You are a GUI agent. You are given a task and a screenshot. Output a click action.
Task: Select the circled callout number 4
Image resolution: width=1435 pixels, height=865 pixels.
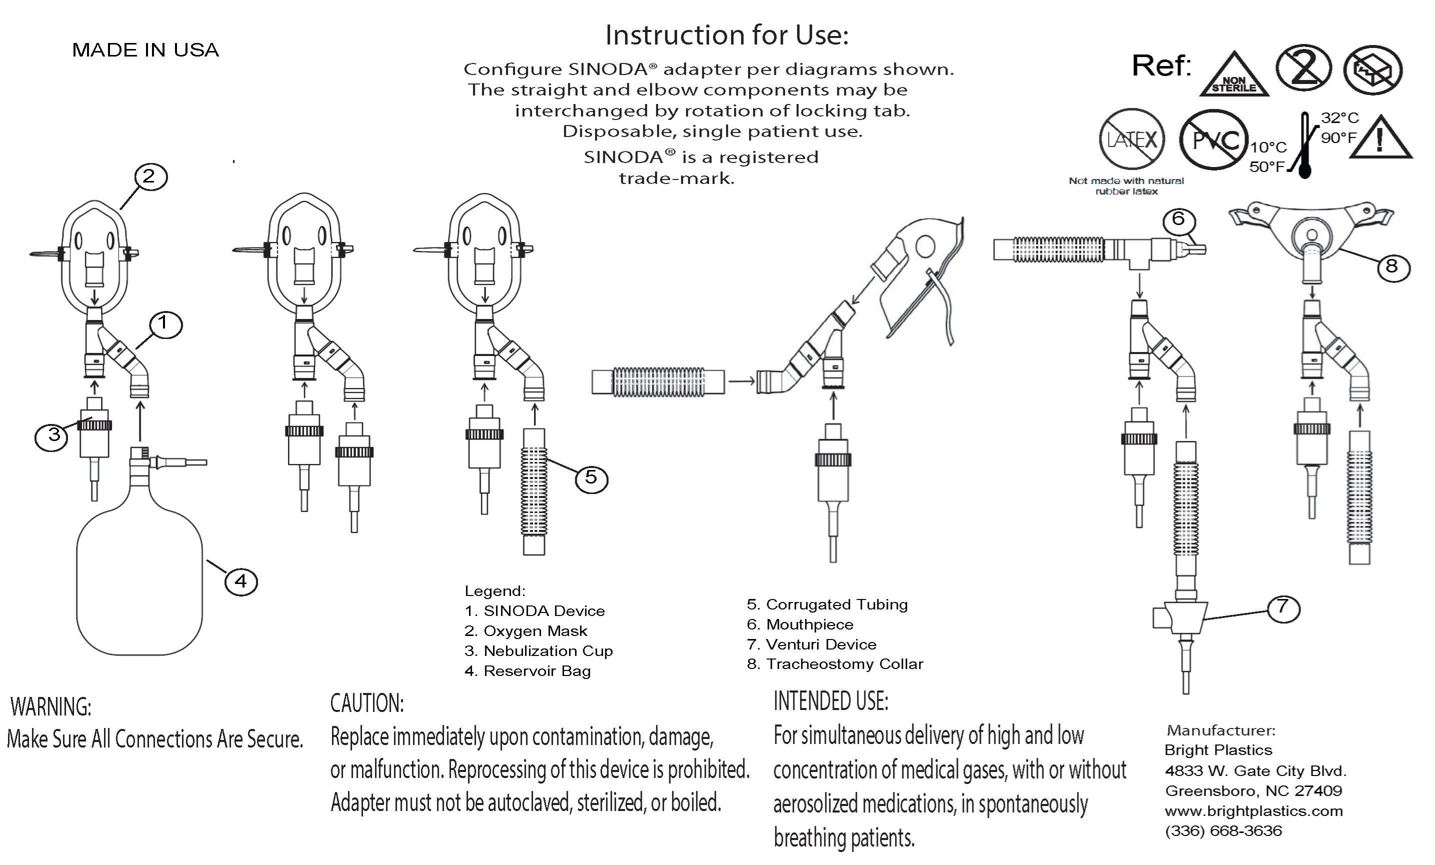click(x=240, y=580)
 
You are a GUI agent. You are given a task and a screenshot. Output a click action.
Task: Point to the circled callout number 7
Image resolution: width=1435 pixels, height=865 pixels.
click(x=1283, y=607)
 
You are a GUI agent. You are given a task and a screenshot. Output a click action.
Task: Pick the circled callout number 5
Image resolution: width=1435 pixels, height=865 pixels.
click(x=591, y=477)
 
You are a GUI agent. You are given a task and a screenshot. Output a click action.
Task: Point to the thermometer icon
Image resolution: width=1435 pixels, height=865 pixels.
click(x=1304, y=145)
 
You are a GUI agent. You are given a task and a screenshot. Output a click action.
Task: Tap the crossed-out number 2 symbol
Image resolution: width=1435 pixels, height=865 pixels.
click(x=1303, y=68)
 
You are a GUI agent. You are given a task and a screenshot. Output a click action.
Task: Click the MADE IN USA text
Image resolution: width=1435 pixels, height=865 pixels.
click(x=145, y=50)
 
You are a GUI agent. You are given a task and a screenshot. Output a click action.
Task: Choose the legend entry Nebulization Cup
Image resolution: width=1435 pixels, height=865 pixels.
click(x=538, y=650)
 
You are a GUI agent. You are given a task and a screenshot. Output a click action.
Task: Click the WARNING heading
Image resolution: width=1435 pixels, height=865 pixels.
click(x=50, y=706)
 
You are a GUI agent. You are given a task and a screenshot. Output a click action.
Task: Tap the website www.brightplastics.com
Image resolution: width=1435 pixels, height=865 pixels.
click(x=1253, y=811)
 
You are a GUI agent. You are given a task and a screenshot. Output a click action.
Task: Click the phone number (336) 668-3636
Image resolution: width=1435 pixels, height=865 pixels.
click(x=1223, y=831)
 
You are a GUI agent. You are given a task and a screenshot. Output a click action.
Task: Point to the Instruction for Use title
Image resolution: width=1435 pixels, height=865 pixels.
click(x=727, y=35)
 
